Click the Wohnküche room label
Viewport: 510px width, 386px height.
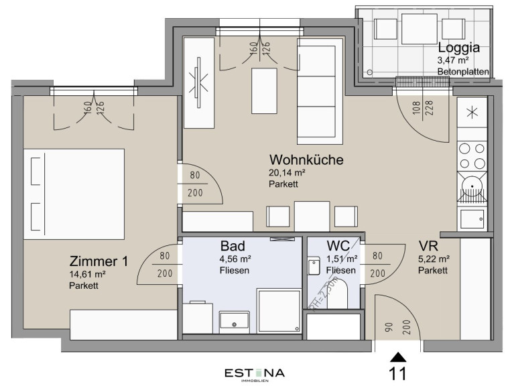[x=306, y=159]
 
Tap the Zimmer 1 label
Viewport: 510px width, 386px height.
[x=99, y=261]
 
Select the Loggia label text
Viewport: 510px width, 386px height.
[x=458, y=48]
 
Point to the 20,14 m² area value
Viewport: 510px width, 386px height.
[x=287, y=172]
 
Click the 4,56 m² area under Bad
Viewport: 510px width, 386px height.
[x=235, y=259]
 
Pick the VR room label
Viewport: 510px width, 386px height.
[x=428, y=246]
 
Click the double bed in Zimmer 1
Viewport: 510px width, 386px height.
[x=74, y=194]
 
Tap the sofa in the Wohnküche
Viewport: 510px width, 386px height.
[x=320, y=91]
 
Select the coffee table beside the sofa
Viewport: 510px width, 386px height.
[x=264, y=90]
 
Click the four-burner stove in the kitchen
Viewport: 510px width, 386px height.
[x=472, y=156]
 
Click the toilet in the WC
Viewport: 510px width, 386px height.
[x=337, y=294]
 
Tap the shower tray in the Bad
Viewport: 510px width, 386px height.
[x=279, y=310]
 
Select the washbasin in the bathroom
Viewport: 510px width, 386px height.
[x=234, y=320]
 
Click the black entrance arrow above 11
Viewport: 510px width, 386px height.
[x=399, y=357]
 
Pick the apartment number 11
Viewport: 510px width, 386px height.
[x=398, y=374]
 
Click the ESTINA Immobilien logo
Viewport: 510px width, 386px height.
[x=255, y=375]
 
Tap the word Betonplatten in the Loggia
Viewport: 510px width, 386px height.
[x=463, y=72]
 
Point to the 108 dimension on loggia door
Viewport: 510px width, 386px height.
[x=416, y=108]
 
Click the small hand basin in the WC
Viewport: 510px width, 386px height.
[x=314, y=266]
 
